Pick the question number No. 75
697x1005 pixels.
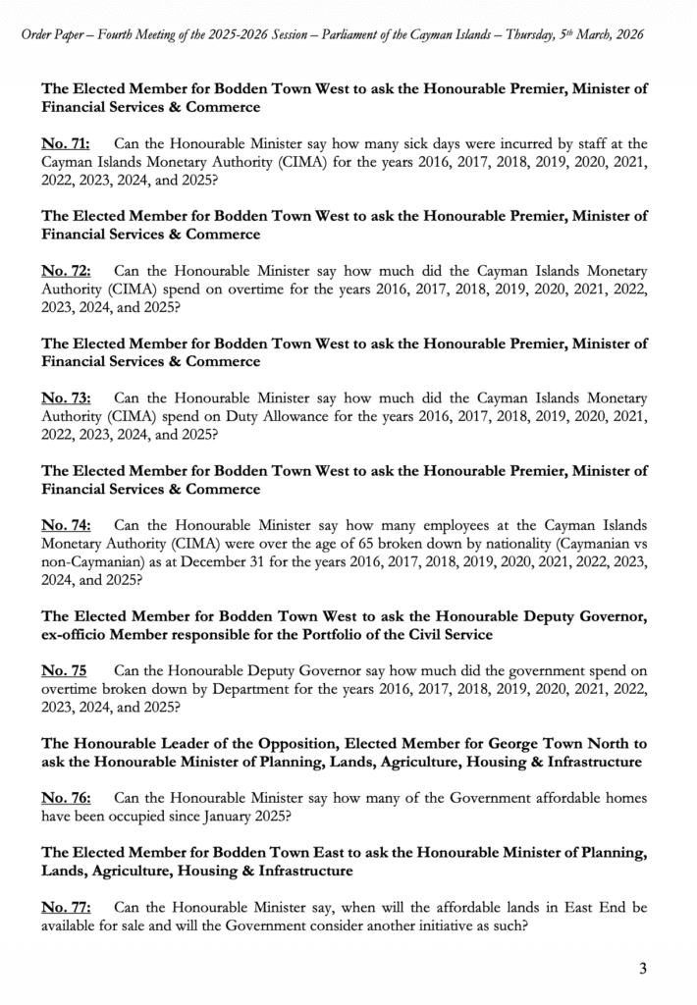click(63, 670)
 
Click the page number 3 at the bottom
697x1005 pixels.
click(643, 970)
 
